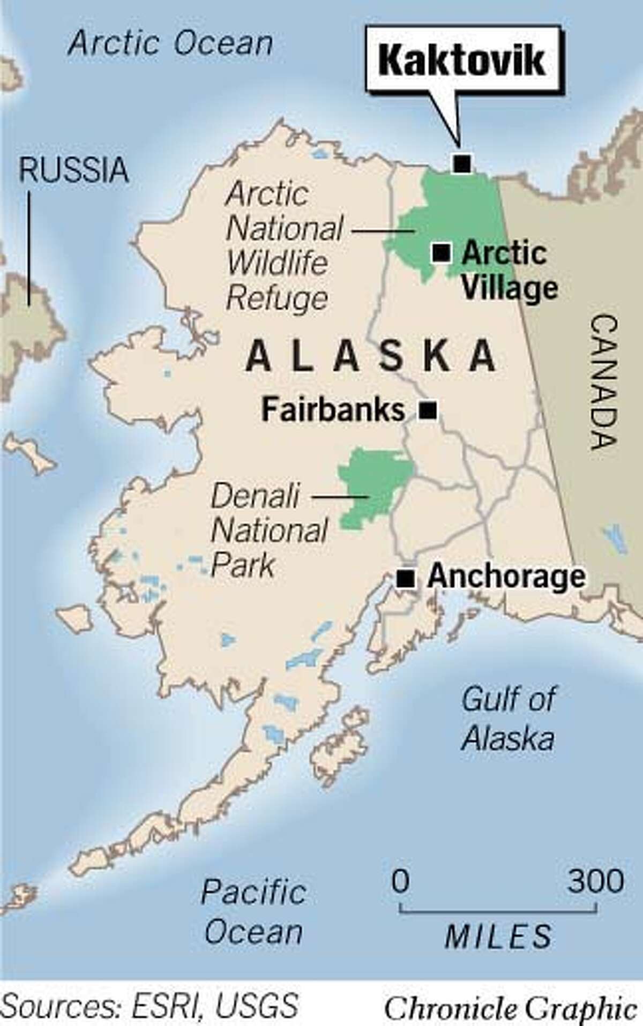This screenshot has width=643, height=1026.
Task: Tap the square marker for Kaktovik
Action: click(462, 162)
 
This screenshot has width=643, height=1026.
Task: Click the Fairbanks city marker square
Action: click(427, 411)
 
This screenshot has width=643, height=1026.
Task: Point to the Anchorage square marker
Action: click(406, 578)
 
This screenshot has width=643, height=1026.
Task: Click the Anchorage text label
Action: click(506, 577)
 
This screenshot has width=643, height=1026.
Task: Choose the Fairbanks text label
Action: click(333, 410)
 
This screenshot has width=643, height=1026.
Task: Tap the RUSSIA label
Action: click(73, 170)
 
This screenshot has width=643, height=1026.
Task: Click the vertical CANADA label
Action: click(604, 382)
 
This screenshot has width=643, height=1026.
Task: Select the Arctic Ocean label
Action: click(170, 43)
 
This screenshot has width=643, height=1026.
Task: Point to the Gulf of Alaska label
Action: click(508, 718)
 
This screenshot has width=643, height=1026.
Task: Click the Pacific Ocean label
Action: click(253, 912)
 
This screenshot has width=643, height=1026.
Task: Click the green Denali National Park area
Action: click(375, 482)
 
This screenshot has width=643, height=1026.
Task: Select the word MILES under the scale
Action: click(498, 936)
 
